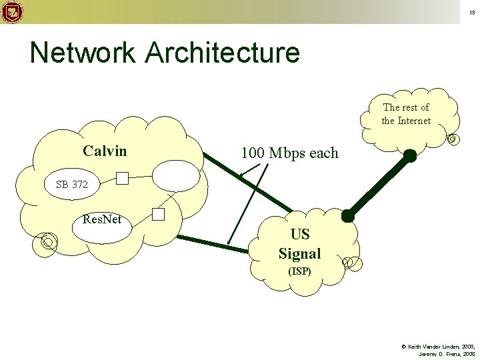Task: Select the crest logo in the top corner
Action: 12,11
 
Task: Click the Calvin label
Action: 105,151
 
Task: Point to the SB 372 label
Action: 71,185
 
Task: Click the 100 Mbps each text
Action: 289,153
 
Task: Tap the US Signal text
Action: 299,244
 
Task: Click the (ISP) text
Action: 299,271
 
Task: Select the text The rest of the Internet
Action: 406,114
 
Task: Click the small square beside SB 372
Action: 122,178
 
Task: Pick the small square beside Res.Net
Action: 158,215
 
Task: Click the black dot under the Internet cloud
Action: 410,156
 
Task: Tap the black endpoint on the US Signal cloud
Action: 347,215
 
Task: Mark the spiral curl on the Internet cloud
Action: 453,139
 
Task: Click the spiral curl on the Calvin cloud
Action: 47,241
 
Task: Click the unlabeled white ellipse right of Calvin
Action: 175,177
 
